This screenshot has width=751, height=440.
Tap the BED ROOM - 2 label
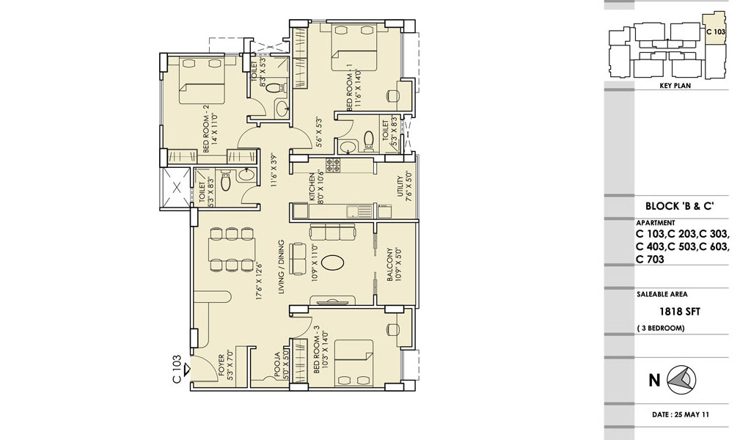(206, 133)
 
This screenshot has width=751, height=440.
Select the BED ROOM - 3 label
(316, 350)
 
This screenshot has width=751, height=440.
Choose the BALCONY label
(390, 264)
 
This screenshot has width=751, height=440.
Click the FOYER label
(221, 367)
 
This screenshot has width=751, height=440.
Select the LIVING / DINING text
(281, 267)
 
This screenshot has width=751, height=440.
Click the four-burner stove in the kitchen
(333, 165)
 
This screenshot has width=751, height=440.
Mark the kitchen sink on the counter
(359, 211)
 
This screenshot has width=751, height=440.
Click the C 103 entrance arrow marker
(187, 369)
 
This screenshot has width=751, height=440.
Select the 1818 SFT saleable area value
(680, 312)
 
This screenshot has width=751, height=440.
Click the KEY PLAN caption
(675, 86)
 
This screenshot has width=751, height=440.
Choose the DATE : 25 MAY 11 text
(680, 414)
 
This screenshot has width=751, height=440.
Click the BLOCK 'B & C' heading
(680, 206)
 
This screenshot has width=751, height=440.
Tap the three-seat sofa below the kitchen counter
(333, 232)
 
